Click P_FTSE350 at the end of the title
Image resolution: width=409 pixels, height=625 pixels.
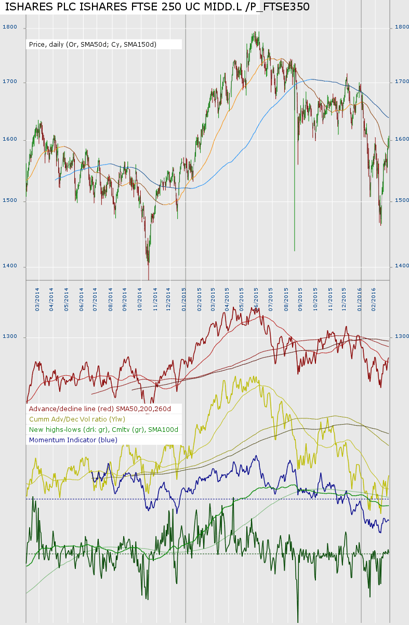(x=280, y=7)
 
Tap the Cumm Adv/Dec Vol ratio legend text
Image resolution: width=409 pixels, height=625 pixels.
(x=77, y=419)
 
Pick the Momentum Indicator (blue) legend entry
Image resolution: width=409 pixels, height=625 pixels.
(x=73, y=440)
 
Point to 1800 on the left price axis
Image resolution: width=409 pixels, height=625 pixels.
(x=10, y=27)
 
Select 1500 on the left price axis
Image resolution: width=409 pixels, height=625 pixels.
(x=10, y=200)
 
